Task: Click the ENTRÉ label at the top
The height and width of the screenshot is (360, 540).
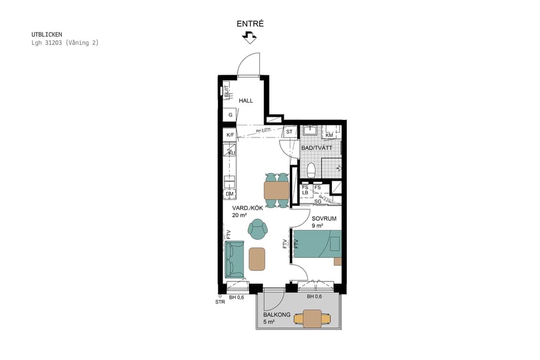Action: tap(250, 24)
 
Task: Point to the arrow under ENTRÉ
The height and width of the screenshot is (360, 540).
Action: tap(250, 38)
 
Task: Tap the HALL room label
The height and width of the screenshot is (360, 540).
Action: tap(246, 101)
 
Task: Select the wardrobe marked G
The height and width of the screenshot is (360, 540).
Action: tap(230, 115)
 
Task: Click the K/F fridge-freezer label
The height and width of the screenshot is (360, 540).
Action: tap(230, 135)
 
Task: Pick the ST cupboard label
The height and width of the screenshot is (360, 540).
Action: tap(289, 131)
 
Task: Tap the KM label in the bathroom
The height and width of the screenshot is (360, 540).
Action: tap(329, 136)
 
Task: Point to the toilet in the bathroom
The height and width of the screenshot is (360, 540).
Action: tap(310, 171)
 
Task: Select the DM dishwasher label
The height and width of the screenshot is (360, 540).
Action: tap(230, 194)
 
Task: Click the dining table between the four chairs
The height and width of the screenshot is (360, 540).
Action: tap(276, 190)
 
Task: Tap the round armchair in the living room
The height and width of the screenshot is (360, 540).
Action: tap(258, 228)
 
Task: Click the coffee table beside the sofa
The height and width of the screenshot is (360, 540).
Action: tap(257, 259)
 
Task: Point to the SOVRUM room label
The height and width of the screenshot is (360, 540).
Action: tap(323, 218)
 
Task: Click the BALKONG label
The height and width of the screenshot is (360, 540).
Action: tap(277, 314)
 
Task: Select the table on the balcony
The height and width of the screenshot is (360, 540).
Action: tap(312, 318)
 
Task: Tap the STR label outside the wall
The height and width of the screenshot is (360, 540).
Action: tap(220, 302)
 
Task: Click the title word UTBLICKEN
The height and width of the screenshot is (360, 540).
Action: tap(47, 35)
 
